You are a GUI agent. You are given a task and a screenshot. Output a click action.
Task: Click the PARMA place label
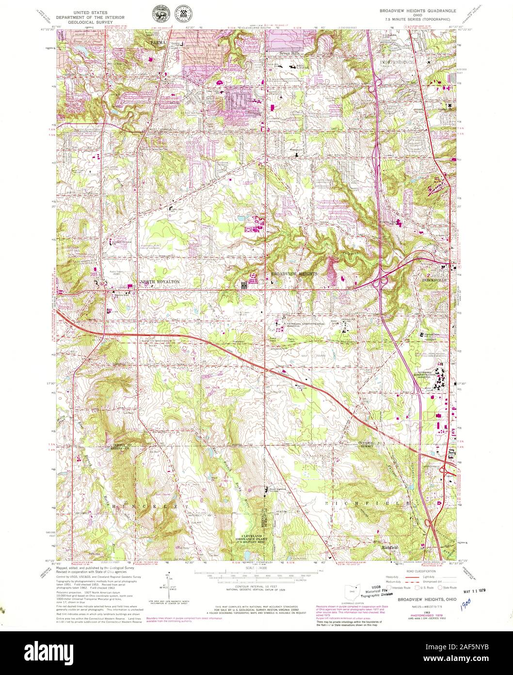pos(158,43)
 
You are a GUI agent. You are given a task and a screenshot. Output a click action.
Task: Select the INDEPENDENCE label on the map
pos(397,63)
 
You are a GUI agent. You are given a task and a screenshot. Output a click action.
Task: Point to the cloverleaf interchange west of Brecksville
pos(382,280)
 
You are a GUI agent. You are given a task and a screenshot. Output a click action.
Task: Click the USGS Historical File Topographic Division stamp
pos(380,591)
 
